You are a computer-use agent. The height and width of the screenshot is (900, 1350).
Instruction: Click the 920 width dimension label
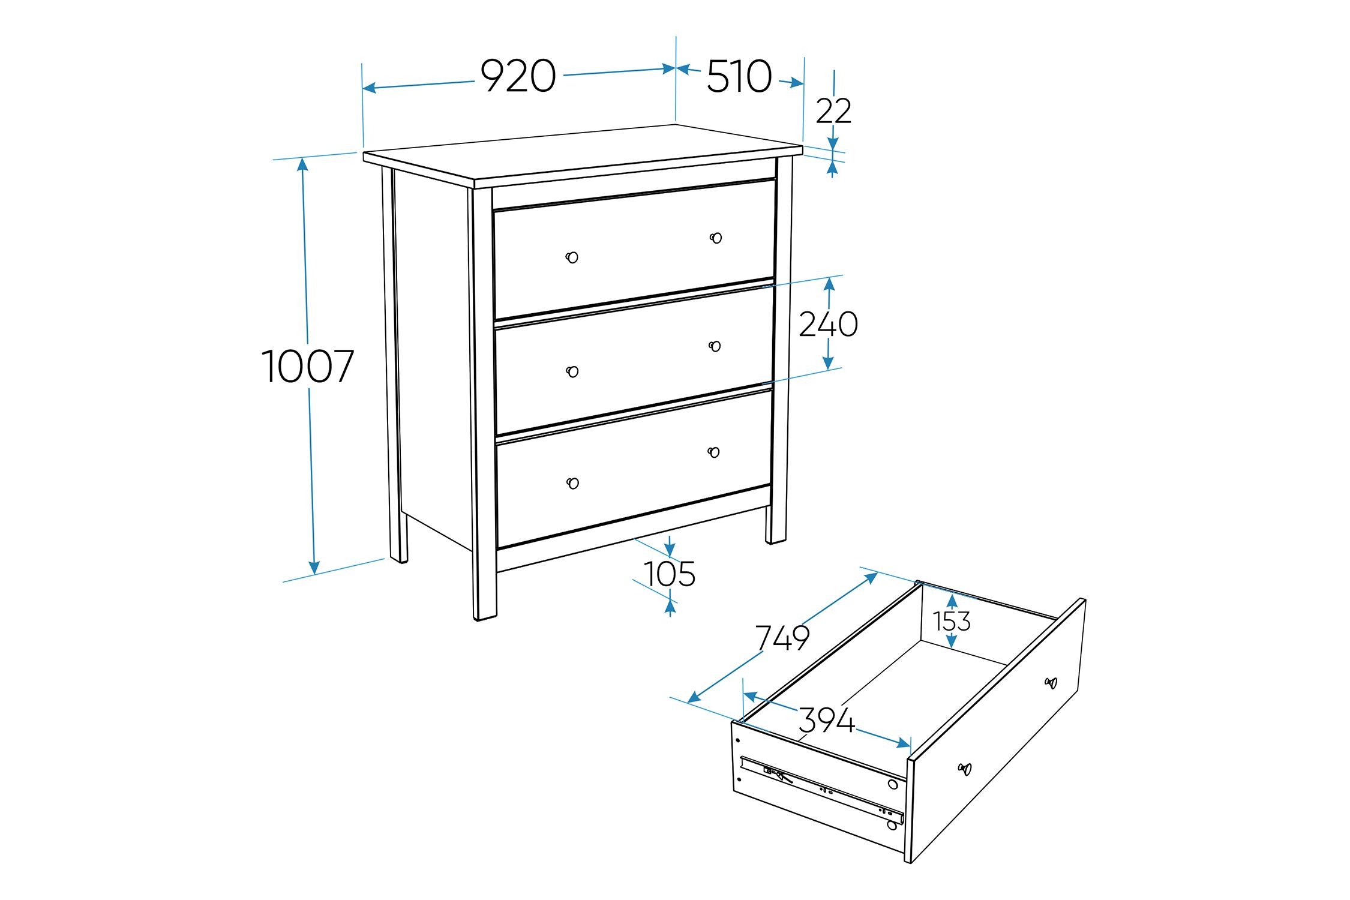(518, 76)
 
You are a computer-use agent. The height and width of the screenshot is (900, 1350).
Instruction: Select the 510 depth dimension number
(739, 76)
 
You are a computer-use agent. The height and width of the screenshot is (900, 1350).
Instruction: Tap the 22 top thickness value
(833, 111)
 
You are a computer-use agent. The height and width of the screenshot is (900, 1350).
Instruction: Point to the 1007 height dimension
(308, 366)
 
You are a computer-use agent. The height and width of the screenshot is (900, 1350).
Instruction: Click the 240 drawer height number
(829, 324)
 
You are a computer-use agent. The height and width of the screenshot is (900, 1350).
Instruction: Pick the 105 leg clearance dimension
(670, 574)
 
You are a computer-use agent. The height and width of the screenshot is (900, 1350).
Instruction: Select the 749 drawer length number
(782, 638)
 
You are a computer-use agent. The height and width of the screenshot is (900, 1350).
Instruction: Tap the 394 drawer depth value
(826, 720)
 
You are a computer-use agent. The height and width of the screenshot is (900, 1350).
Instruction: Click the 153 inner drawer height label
(952, 622)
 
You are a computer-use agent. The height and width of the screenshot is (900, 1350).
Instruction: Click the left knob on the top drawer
(572, 257)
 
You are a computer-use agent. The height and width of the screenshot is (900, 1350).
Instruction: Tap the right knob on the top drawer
(716, 238)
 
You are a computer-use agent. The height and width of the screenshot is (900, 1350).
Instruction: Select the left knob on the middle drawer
(572, 371)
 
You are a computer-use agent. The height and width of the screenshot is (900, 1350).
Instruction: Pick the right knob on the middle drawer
(715, 346)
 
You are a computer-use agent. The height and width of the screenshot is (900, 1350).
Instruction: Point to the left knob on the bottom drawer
(573, 483)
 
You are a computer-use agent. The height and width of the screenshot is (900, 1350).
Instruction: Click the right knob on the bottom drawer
(713, 452)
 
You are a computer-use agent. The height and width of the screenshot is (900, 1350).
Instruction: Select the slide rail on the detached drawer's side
(822, 788)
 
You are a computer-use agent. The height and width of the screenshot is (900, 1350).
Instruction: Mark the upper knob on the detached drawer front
(1051, 683)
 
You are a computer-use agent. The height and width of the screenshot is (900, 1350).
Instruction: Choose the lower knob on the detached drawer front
(964, 769)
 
